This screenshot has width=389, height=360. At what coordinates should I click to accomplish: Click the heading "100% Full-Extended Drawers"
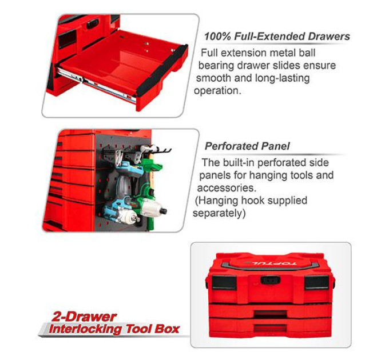277,37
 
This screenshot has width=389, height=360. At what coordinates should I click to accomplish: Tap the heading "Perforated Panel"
247,146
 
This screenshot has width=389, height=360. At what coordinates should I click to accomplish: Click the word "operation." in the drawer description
217,90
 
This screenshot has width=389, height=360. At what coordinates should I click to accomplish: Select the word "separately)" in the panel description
219,213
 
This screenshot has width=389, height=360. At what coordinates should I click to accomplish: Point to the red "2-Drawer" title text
84,317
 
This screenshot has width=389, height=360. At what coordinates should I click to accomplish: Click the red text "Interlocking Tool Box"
114,329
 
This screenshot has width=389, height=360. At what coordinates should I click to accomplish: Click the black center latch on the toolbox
271,281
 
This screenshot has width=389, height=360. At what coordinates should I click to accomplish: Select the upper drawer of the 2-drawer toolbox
270,311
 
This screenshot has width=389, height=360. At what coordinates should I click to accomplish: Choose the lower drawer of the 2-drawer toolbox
270,326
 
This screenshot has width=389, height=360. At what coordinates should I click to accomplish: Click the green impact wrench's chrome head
152,206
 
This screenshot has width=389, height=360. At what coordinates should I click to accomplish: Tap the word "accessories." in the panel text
227,188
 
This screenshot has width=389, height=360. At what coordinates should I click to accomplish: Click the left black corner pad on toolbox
224,282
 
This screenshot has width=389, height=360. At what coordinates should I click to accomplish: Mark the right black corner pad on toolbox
316,282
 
